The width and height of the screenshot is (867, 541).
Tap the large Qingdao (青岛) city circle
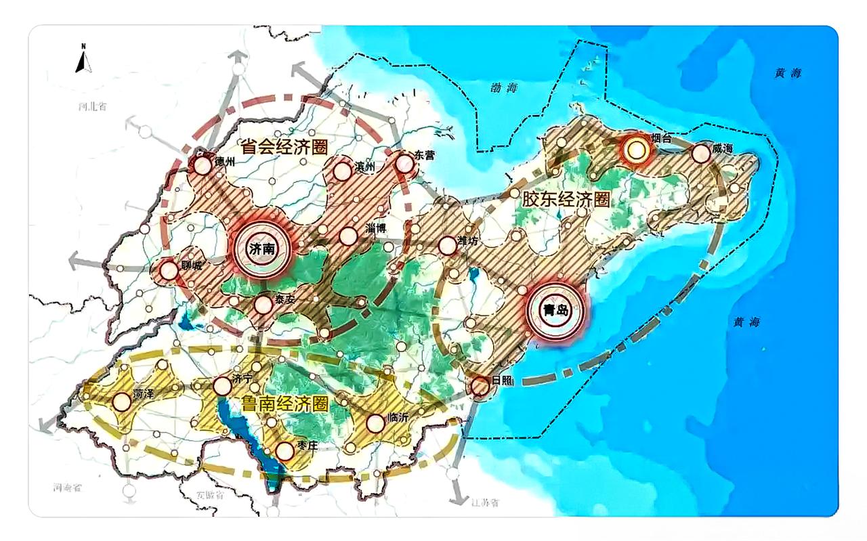[555, 311]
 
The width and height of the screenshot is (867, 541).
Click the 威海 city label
[723, 148]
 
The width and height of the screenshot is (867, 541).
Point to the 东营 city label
[425, 155]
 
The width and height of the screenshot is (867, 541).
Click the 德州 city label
[223, 161]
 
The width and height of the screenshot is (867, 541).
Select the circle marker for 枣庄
[284, 450]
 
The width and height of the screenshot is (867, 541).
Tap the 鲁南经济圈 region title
[284, 404]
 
